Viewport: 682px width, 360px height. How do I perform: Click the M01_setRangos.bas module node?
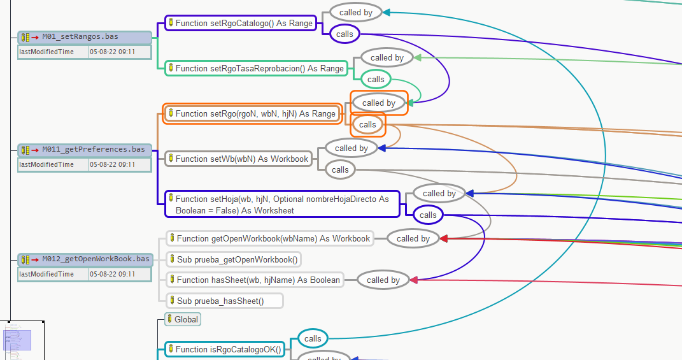tap(85, 37)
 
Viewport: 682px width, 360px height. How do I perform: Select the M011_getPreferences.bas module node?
tap(85, 150)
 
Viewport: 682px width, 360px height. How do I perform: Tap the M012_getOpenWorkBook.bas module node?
tap(85, 259)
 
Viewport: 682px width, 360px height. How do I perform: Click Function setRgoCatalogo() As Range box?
tap(240, 23)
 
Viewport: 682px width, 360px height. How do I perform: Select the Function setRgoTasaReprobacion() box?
tap(255, 68)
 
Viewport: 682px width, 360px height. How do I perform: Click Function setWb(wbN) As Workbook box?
tap(238, 159)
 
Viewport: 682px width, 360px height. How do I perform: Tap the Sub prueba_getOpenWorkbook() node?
tap(233, 259)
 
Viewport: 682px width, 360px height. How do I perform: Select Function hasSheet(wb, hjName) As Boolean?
tap(254, 280)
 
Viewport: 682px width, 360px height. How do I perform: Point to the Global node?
tap(183, 319)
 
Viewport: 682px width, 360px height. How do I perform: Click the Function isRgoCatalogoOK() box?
tap(224, 349)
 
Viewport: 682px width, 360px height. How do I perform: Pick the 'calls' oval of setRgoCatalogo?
tap(345, 34)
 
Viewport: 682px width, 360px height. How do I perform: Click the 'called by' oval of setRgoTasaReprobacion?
tap(387, 57)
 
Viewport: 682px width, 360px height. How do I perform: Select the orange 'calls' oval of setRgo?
tap(367, 124)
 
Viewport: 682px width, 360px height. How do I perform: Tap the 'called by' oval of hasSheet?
tap(383, 280)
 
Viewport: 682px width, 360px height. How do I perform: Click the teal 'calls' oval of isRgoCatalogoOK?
tap(313, 338)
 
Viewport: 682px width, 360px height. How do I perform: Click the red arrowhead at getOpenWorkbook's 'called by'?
tap(444, 239)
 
